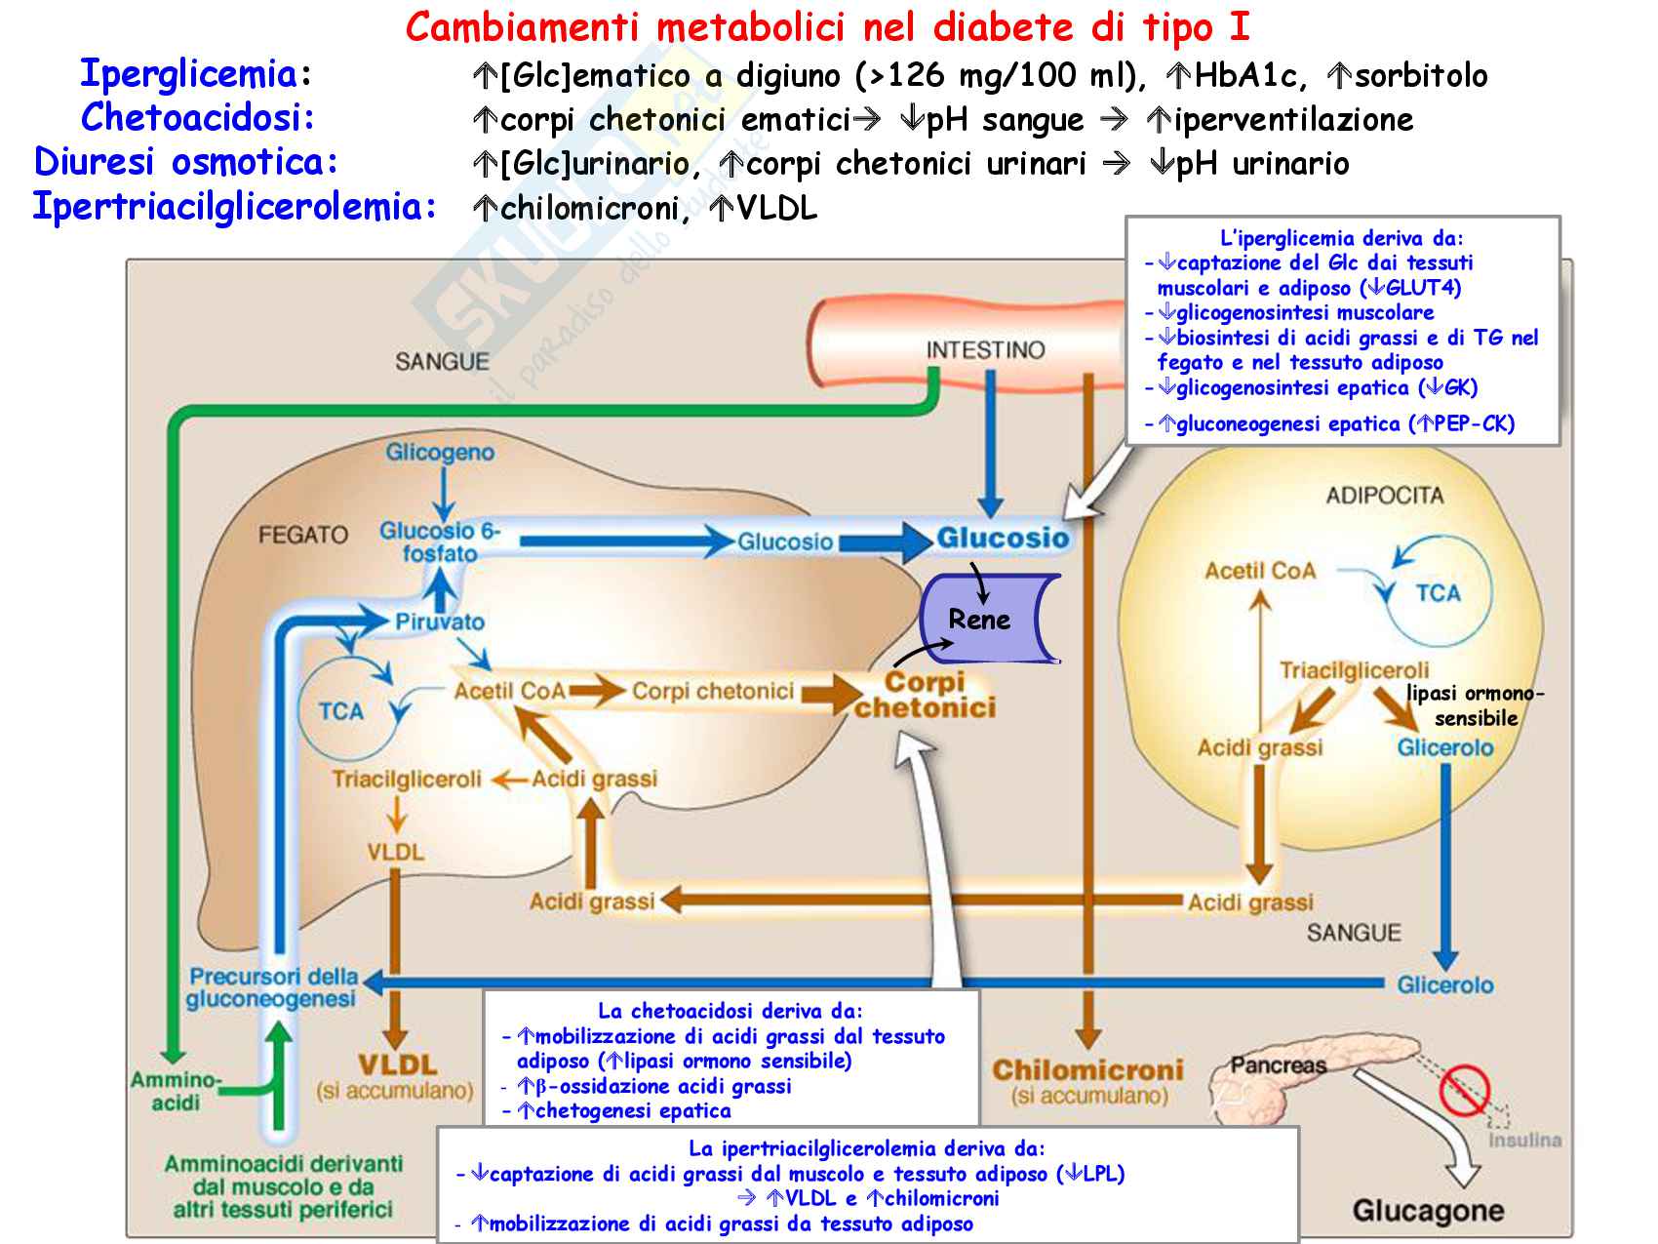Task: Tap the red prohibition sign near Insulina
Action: pyautogui.click(x=1464, y=1089)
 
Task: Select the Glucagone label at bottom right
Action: pyautogui.click(x=1427, y=1211)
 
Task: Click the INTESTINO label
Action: pyautogui.click(x=985, y=350)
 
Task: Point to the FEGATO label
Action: pyautogui.click(x=302, y=535)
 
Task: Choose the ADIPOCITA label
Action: pyautogui.click(x=1384, y=496)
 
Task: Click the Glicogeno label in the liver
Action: pyautogui.click(x=440, y=453)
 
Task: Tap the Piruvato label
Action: pyautogui.click(x=440, y=622)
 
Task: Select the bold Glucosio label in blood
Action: pyautogui.click(x=1003, y=538)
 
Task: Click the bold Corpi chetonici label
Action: pyautogui.click(x=925, y=695)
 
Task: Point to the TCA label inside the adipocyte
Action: pyautogui.click(x=1438, y=593)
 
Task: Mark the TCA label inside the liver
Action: pyautogui.click(x=340, y=711)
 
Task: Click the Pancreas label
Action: pyautogui.click(x=1278, y=1064)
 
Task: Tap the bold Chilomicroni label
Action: pyautogui.click(x=1087, y=1070)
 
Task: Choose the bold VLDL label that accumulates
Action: pyautogui.click(x=397, y=1064)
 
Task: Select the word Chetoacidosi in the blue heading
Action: pyautogui.click(x=198, y=118)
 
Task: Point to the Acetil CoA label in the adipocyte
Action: pyautogui.click(x=1260, y=571)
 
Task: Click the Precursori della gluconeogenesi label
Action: pyautogui.click(x=272, y=987)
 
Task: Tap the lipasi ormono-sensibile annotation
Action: pyautogui.click(x=1476, y=705)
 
